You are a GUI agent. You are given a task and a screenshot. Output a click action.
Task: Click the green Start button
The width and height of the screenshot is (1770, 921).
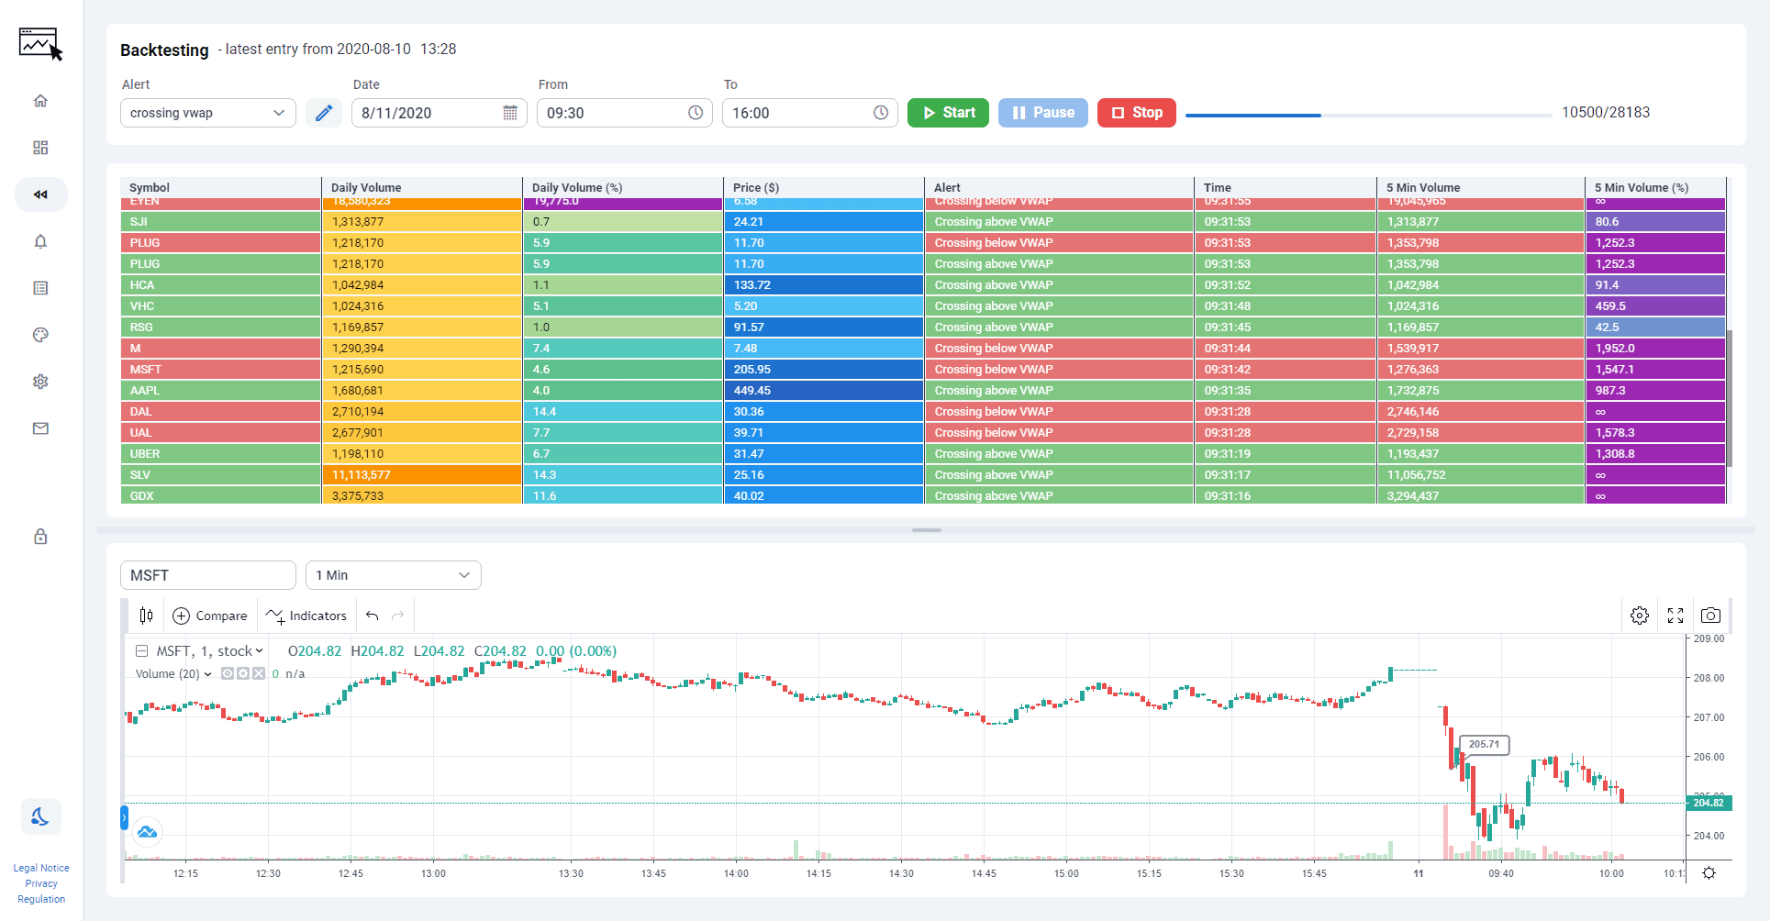pos(948,113)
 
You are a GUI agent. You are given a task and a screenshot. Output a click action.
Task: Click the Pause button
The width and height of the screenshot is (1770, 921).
pos(1042,113)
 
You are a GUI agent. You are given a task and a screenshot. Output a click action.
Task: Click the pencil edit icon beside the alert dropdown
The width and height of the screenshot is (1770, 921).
pos(324,113)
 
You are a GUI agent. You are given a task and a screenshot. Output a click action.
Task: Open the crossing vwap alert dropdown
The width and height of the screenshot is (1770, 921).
pos(207,113)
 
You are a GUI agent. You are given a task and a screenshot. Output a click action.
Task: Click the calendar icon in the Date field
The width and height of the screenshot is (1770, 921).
pos(510,113)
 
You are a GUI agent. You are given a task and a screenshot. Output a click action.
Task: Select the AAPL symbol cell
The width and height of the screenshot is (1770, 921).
pos(220,391)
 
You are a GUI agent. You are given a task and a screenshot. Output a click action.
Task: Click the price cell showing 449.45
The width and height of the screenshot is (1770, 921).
pos(823,391)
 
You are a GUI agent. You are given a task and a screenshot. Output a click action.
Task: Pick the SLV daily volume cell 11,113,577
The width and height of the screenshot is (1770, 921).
pos(421,475)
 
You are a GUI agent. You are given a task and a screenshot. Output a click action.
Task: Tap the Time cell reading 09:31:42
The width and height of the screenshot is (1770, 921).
pos(1284,370)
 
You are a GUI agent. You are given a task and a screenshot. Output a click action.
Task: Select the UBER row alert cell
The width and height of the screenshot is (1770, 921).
pos(1058,454)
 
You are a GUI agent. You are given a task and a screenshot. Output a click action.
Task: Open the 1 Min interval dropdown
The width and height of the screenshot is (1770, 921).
pos(393,575)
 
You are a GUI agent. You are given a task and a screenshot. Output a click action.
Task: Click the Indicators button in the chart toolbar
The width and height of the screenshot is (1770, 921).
pos(306,616)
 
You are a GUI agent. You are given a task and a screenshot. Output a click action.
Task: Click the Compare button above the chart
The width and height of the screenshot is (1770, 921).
pos(210,616)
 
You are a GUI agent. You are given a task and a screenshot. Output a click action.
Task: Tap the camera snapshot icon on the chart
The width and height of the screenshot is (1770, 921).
pos(1710,616)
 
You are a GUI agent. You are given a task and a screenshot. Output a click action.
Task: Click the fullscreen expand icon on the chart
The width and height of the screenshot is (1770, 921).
pos(1675,616)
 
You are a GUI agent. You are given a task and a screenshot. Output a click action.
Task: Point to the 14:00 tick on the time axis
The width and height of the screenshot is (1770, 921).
pos(736,873)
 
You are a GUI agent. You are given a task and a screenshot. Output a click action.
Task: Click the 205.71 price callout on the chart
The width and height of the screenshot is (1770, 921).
pos(1483,744)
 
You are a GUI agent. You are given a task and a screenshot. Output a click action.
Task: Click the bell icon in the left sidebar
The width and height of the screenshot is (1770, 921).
pos(40,241)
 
